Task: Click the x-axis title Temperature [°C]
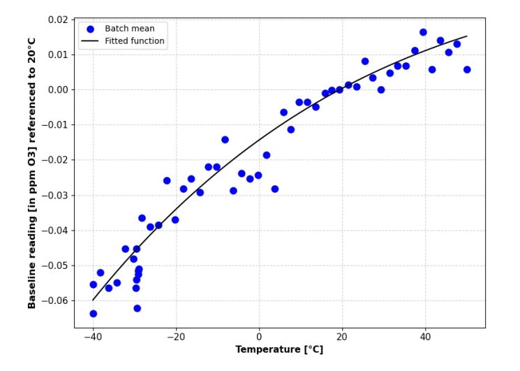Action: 279,349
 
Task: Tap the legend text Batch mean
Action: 130,29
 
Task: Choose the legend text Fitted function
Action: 135,41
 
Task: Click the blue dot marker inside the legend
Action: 90,29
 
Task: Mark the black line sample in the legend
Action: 90,41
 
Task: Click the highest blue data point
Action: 423,32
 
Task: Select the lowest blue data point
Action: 93,314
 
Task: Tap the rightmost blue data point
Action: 467,70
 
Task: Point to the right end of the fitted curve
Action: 466,36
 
